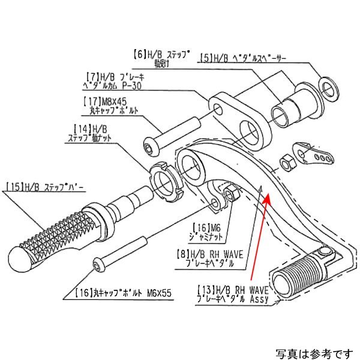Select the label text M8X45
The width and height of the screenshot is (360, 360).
click(112, 102)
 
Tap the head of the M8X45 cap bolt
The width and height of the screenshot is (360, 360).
click(149, 146)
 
